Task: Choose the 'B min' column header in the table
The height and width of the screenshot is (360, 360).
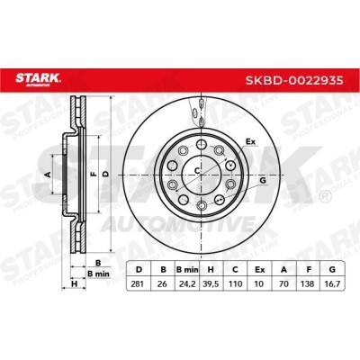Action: (x=185, y=268)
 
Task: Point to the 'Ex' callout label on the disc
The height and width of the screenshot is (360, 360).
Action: (x=251, y=142)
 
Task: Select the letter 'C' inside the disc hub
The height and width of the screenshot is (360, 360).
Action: (x=198, y=171)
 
